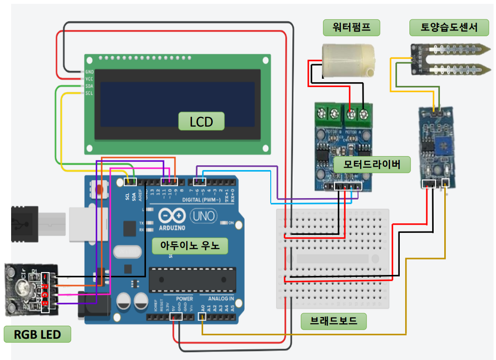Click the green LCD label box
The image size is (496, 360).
click(x=201, y=121)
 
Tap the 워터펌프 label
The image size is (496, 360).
click(x=351, y=27)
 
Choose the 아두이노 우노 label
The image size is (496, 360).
click(x=190, y=245)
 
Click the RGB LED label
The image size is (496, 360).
click(x=37, y=334)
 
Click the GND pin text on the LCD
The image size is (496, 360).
click(x=89, y=71)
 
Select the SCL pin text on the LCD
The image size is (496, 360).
click(x=89, y=93)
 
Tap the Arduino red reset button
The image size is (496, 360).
click(x=101, y=189)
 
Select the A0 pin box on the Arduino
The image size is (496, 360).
click(x=202, y=317)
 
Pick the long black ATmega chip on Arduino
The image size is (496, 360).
click(x=192, y=280)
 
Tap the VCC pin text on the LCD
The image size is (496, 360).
click(x=89, y=78)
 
